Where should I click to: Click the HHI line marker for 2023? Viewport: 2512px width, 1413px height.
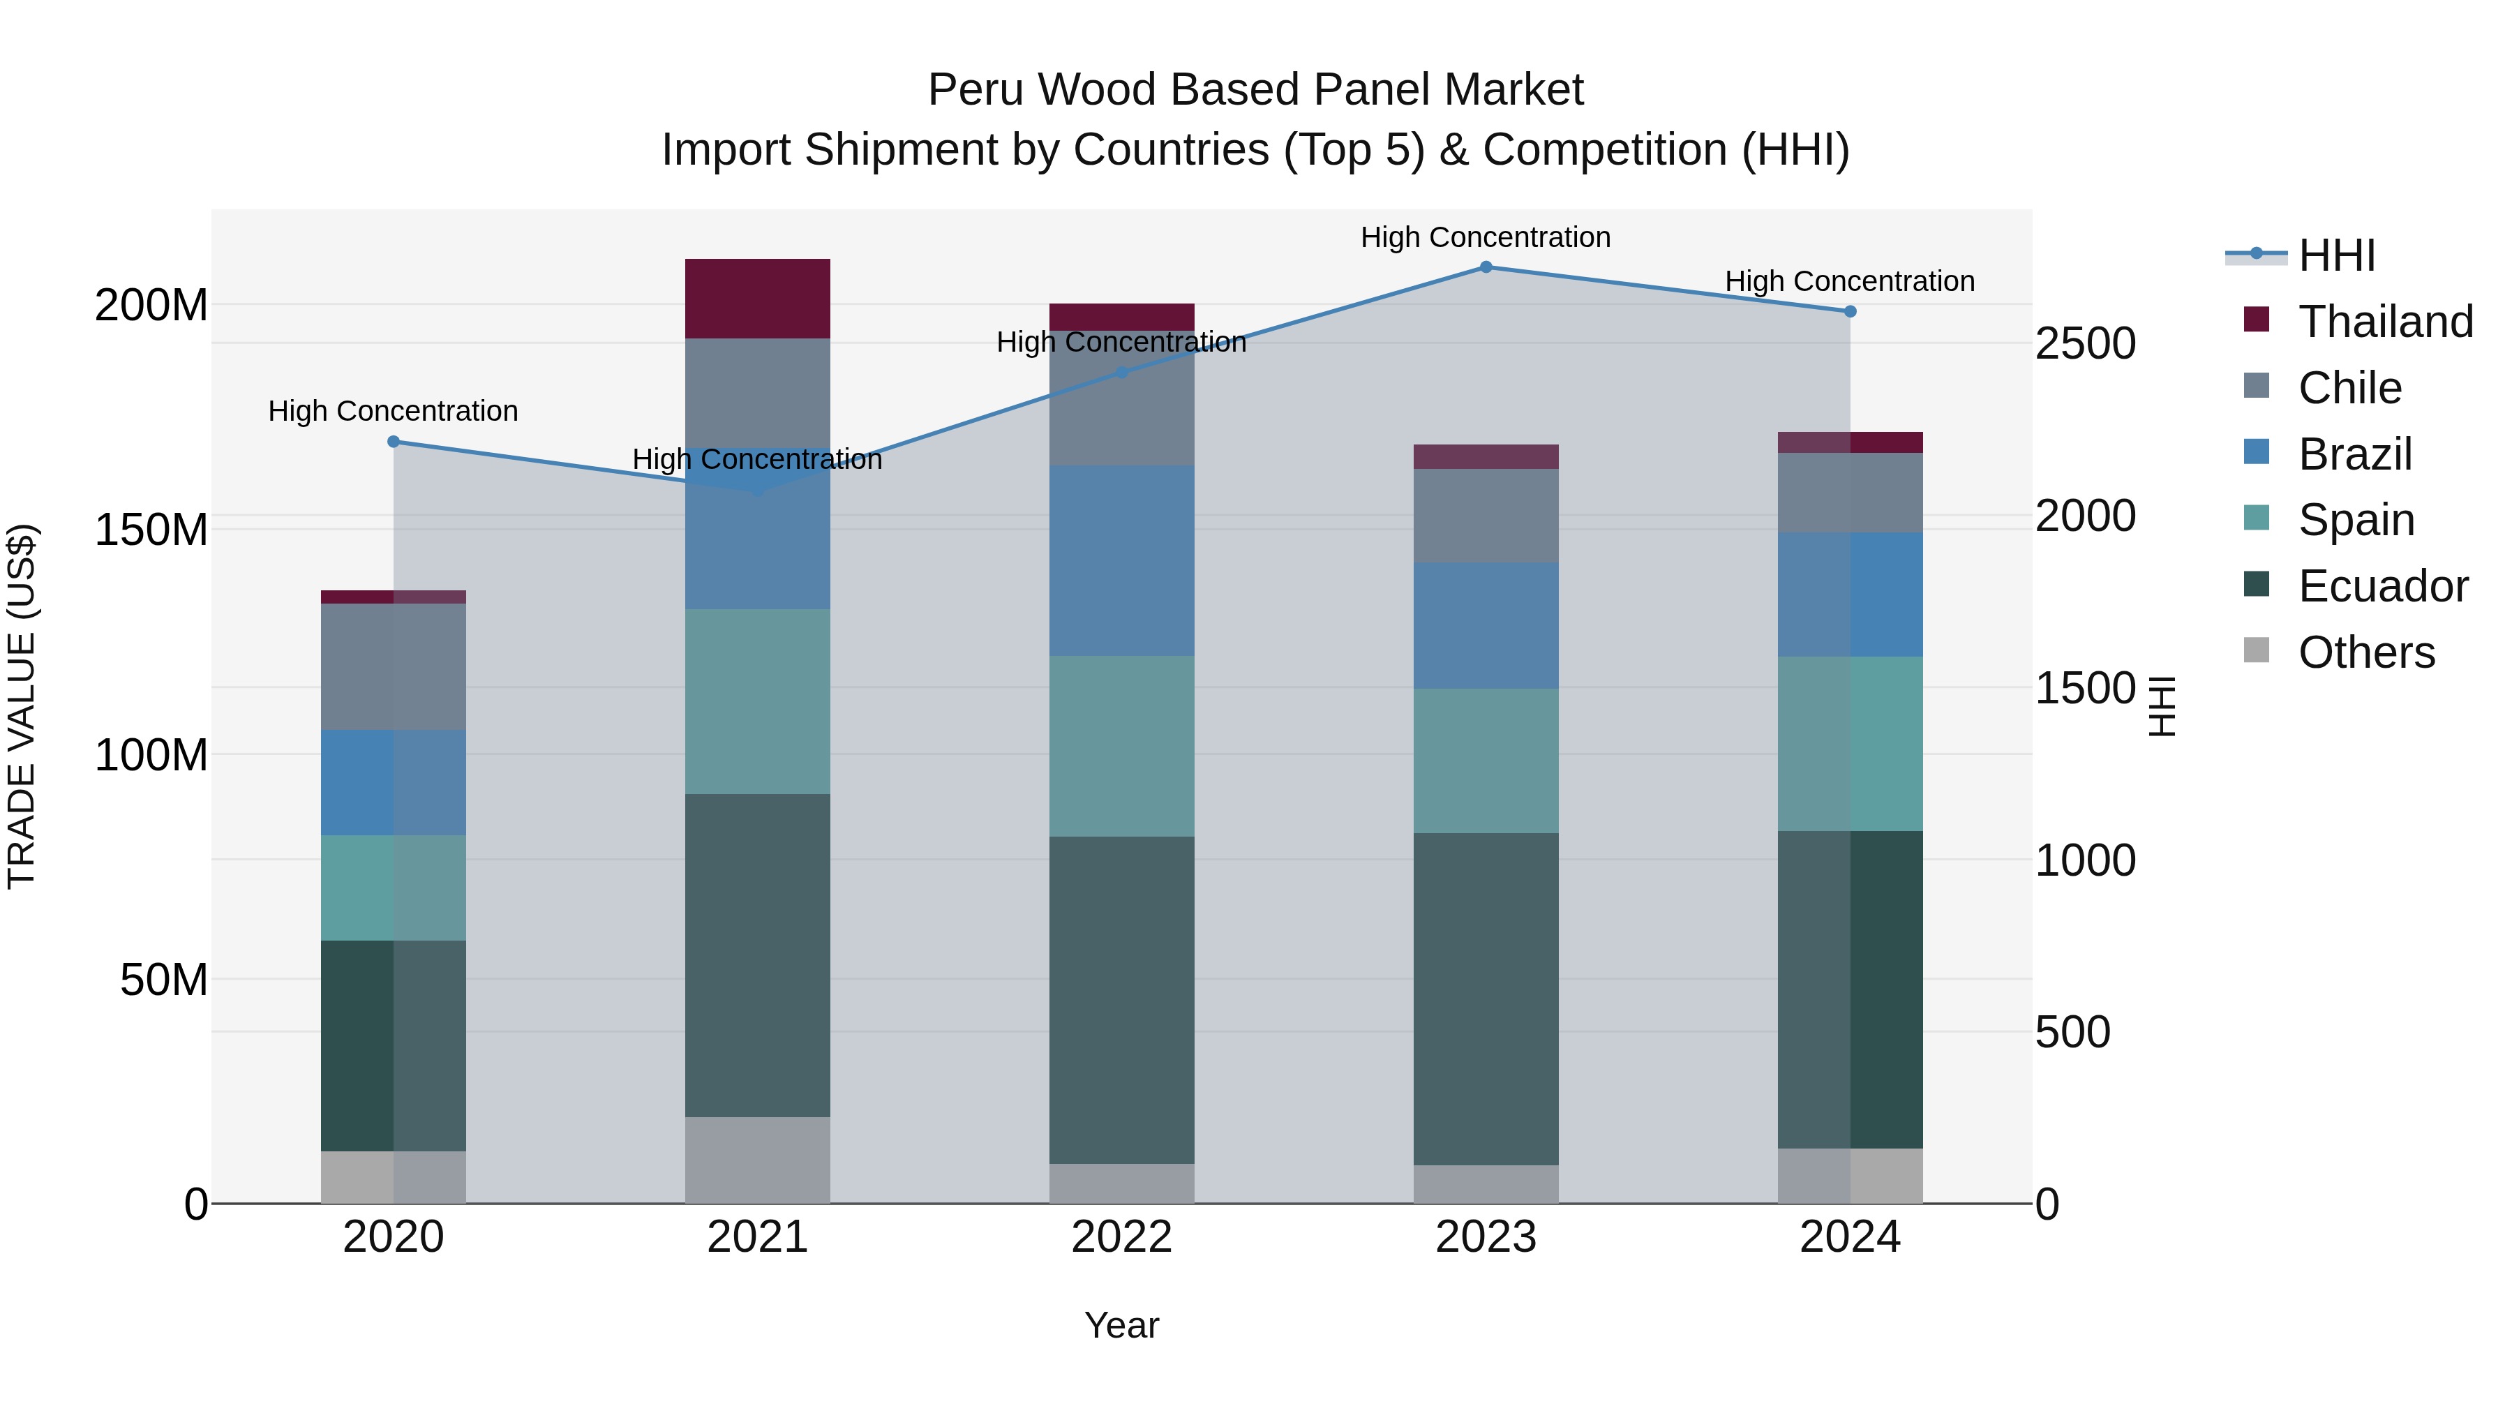click(x=1485, y=267)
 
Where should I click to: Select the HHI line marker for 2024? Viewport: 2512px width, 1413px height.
click(x=1850, y=312)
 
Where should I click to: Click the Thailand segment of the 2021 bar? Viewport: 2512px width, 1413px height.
click(x=758, y=299)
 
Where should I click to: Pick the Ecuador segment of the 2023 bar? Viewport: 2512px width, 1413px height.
click(x=1485, y=999)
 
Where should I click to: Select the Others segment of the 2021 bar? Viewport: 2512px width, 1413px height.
click(x=758, y=1160)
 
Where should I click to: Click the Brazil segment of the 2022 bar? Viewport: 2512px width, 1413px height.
click(x=1121, y=561)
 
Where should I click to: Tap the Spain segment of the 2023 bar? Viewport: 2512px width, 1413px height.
click(x=1485, y=761)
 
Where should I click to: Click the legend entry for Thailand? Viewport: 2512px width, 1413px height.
click(x=2384, y=322)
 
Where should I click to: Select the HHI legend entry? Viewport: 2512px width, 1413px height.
click(x=2335, y=255)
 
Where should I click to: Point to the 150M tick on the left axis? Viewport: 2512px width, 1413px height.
click(x=151, y=530)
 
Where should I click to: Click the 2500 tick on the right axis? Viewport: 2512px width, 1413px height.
click(x=2086, y=343)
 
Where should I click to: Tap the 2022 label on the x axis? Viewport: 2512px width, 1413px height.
click(x=1121, y=1237)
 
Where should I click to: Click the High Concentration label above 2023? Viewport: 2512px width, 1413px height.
click(x=1485, y=237)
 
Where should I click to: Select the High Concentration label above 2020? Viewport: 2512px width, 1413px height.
click(x=393, y=410)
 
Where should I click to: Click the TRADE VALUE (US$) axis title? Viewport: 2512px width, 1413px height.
click(x=22, y=706)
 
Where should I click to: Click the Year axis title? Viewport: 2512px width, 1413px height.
click(x=1121, y=1325)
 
